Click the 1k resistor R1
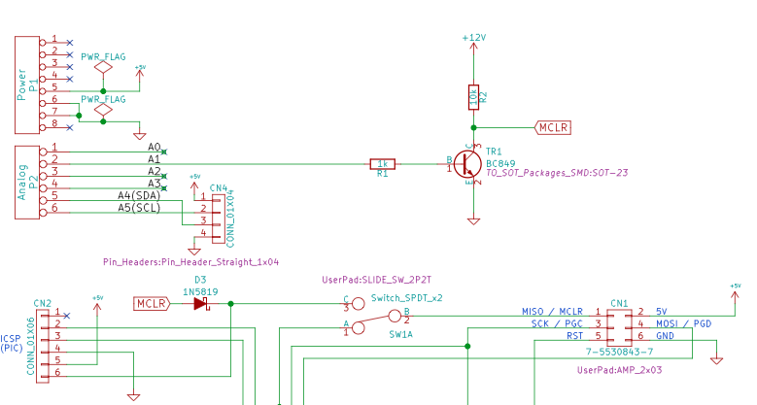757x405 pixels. pos(382,164)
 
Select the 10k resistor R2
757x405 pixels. pos(473,96)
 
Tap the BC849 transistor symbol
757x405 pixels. pos(469,163)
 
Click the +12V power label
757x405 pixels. pos(473,37)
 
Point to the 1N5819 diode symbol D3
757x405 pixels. pos(201,304)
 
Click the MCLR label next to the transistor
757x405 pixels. pos(553,127)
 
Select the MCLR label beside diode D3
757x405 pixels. pos(152,304)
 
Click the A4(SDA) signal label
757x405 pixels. pos(139,194)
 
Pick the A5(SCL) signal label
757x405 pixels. pos(139,207)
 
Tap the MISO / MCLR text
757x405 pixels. pos(552,312)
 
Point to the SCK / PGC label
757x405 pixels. pos(557,323)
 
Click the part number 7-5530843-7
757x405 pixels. pos(619,351)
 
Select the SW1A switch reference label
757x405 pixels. pos(401,333)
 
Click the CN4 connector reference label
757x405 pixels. pos(219,187)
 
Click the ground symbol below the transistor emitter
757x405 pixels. pos(473,220)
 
